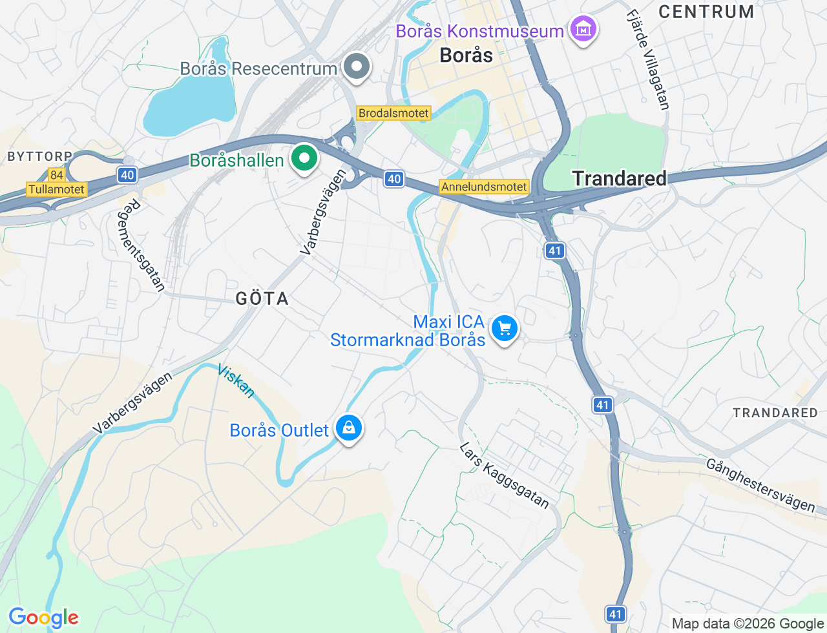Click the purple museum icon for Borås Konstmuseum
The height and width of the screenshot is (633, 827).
pos(583,29)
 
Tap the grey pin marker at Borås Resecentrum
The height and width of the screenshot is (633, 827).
pos(355,67)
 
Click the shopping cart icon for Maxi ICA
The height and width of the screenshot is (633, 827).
pos(505,329)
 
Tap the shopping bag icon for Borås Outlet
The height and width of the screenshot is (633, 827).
pos(349,428)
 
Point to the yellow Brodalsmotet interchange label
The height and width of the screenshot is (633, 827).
pos(393,113)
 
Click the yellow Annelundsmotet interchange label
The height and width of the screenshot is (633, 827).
pos(484,187)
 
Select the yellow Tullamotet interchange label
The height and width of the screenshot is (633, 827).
pos(56,189)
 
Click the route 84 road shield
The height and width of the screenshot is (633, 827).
pos(57,175)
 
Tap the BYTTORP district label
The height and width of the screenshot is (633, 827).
pos(39,156)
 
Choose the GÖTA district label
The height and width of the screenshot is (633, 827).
pos(262,298)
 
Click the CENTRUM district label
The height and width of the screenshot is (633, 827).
pos(706,12)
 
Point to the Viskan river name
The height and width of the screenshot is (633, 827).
pos(236,380)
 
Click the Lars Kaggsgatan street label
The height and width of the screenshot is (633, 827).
pos(504,475)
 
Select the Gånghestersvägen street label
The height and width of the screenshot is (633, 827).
pos(760,485)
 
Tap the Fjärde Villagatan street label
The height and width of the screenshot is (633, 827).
pos(647,59)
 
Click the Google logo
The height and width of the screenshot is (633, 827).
pos(43,617)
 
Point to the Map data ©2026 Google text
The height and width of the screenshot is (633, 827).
pos(748,623)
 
